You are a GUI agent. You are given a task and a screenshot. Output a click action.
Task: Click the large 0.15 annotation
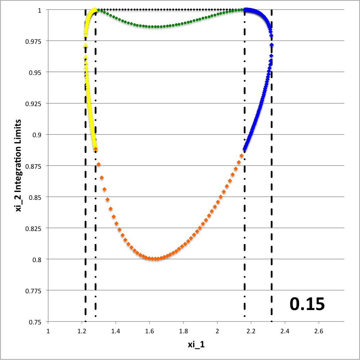307,304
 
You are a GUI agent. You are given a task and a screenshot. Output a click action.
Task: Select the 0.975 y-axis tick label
33,41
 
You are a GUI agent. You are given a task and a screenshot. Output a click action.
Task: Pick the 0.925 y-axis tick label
33,103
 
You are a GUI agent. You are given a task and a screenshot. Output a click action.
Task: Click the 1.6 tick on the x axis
150,332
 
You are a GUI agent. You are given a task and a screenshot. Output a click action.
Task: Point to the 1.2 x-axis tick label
82,332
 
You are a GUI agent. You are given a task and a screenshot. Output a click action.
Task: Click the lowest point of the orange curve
156,259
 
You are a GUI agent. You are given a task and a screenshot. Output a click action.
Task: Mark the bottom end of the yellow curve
95,149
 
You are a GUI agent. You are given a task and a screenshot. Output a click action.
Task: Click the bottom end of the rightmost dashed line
271,321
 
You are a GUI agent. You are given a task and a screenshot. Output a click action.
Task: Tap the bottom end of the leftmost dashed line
85,321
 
